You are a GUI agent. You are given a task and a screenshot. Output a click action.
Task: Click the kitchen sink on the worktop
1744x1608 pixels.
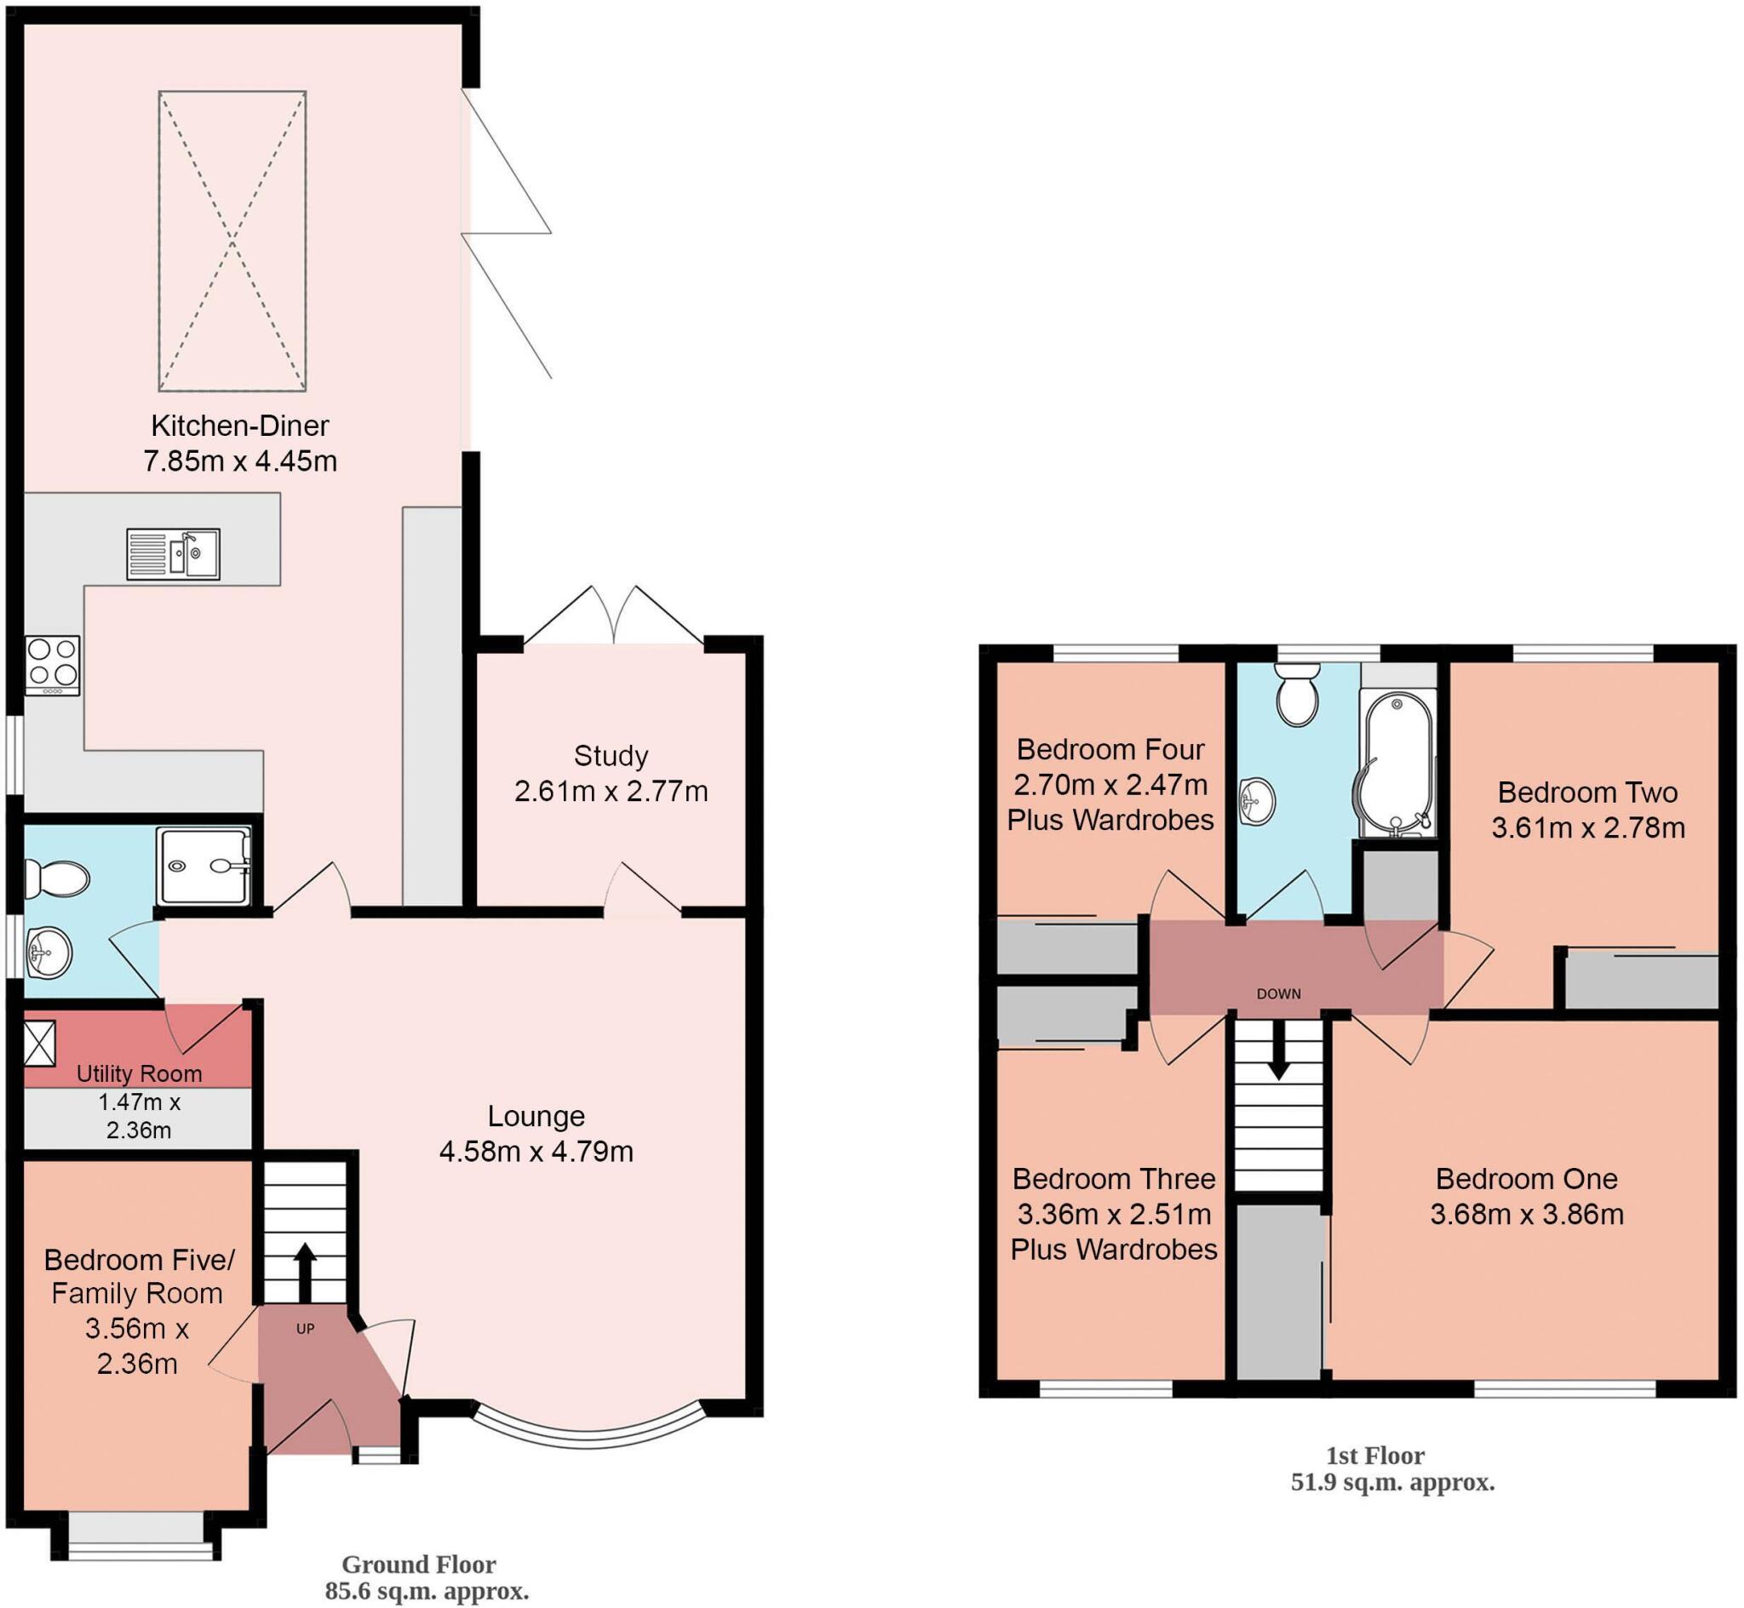point(173,553)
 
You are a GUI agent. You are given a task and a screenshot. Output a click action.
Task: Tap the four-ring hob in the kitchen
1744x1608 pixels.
point(52,665)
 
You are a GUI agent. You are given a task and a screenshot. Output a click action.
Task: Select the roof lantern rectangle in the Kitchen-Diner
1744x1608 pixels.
point(232,241)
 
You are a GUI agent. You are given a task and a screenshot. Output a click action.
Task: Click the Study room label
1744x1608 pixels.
point(611,756)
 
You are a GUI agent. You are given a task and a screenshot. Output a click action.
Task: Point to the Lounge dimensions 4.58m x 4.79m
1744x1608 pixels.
point(536,1152)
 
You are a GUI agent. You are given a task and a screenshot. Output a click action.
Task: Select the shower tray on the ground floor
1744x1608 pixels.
point(204,866)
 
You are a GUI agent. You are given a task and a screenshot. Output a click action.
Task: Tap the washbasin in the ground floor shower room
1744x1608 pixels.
point(49,952)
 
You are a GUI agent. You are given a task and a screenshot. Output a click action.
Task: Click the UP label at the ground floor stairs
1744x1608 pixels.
point(306,1329)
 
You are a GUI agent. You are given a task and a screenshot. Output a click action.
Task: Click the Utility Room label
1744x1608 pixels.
point(140,1073)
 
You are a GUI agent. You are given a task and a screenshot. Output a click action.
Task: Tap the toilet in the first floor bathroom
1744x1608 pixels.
point(1298,694)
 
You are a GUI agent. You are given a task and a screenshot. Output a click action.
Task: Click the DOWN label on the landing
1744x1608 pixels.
point(1278,993)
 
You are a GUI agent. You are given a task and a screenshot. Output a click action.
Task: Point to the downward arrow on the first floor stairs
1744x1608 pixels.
point(1277,1051)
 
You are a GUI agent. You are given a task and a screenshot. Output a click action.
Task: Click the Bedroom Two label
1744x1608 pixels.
point(1587,793)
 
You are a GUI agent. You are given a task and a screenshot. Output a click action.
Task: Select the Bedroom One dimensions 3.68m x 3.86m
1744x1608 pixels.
point(1528,1214)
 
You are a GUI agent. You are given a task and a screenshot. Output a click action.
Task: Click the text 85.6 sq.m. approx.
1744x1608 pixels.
point(427,1592)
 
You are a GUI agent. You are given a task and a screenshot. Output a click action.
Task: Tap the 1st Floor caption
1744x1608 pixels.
point(1375,1456)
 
